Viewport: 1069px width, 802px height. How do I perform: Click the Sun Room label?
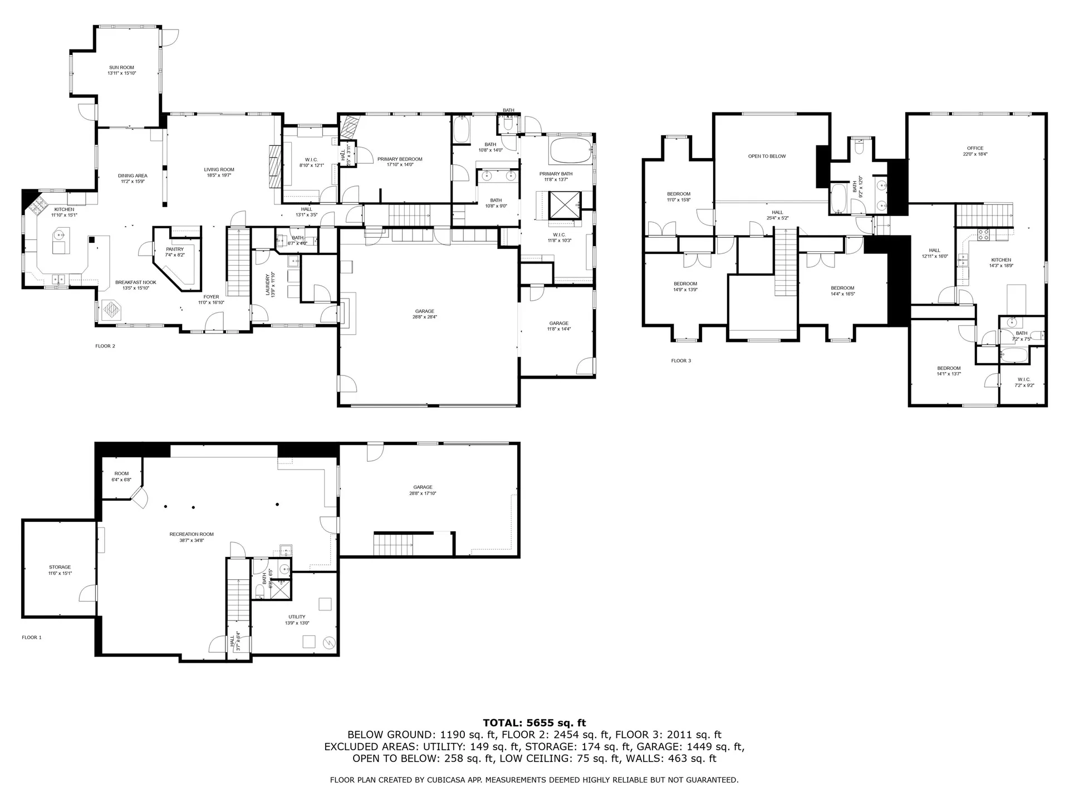pos(122,70)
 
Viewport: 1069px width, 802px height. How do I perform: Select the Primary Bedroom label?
pos(400,162)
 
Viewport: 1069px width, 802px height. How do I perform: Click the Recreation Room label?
pos(192,537)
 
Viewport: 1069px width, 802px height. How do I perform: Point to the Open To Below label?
pos(767,157)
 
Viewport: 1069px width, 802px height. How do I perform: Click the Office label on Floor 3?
pos(975,151)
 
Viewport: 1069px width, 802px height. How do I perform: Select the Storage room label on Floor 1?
pos(60,570)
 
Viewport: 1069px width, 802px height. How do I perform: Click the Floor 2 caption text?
pos(105,346)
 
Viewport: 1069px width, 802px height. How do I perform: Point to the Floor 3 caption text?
pos(681,361)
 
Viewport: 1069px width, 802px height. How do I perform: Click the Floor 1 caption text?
pos(32,638)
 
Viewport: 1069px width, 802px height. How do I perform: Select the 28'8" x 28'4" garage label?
pos(424,314)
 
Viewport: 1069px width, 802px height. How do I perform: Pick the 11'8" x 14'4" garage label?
pos(558,326)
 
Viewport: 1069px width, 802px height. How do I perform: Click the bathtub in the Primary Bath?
pos(571,150)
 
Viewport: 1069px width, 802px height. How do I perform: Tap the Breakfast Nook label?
pos(136,285)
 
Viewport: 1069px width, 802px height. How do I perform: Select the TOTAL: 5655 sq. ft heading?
pos(534,723)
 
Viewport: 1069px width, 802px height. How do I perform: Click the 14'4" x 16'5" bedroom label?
pos(842,291)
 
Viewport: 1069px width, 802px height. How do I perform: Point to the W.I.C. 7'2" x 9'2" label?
pos(1024,382)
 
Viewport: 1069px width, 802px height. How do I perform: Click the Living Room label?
pos(219,172)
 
